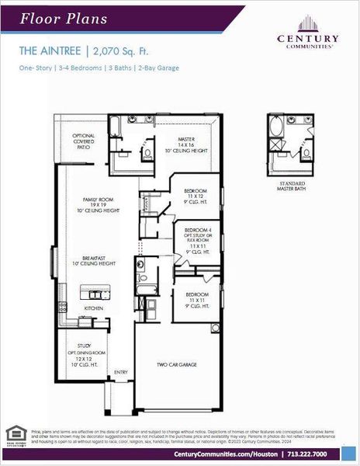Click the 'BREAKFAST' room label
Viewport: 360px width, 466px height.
[x=97, y=260]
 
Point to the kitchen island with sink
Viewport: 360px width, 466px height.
[x=96, y=294]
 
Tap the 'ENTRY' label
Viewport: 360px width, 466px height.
[x=121, y=372]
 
